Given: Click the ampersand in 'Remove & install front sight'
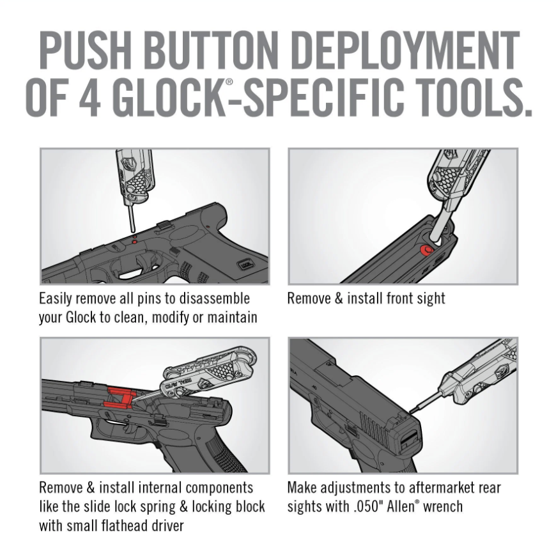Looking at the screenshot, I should point(337,299).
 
